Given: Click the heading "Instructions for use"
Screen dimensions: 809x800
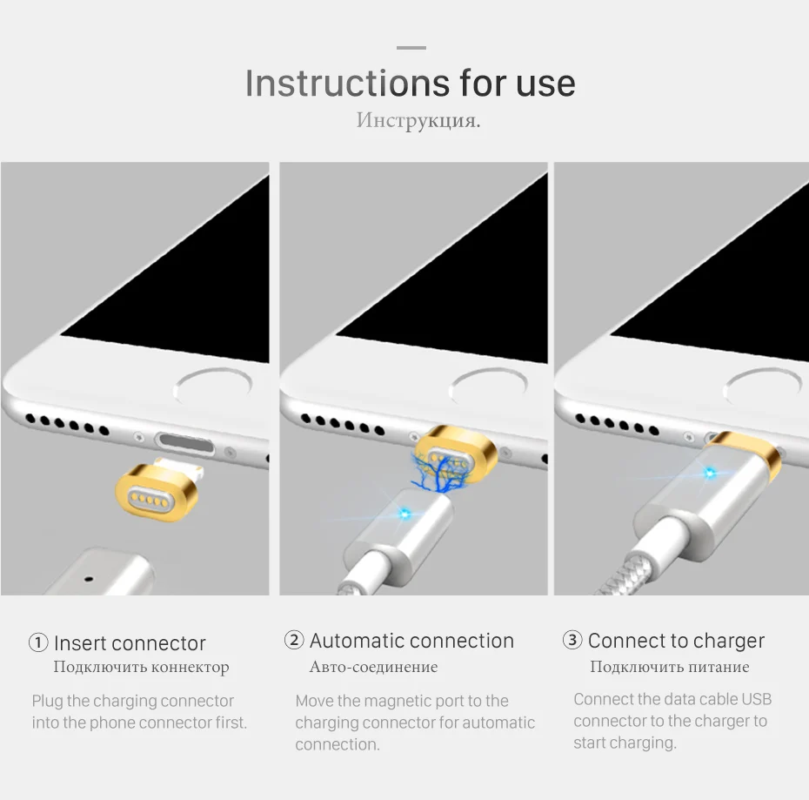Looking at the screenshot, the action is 411,84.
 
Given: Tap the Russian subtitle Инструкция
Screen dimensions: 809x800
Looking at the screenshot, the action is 418,120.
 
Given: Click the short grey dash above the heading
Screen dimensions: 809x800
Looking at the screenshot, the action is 411,48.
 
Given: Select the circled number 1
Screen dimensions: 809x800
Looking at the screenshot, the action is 38,643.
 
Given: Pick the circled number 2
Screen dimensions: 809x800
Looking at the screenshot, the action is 294,640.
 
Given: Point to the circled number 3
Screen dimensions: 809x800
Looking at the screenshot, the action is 572,640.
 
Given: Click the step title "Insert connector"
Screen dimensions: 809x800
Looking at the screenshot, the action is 130,643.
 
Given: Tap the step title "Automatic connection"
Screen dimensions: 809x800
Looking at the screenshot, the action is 411,641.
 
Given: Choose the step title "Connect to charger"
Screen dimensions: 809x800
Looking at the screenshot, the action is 676,641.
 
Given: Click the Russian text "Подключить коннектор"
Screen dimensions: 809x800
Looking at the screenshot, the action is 142,667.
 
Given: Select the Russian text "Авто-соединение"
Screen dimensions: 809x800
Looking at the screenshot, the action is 373,667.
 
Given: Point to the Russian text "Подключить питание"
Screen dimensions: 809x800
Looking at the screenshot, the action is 670,667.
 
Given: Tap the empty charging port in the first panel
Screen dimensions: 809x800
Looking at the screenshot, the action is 185,444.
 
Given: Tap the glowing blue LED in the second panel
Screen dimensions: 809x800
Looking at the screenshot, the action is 404,514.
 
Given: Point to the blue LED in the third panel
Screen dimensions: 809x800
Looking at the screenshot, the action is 710,473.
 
